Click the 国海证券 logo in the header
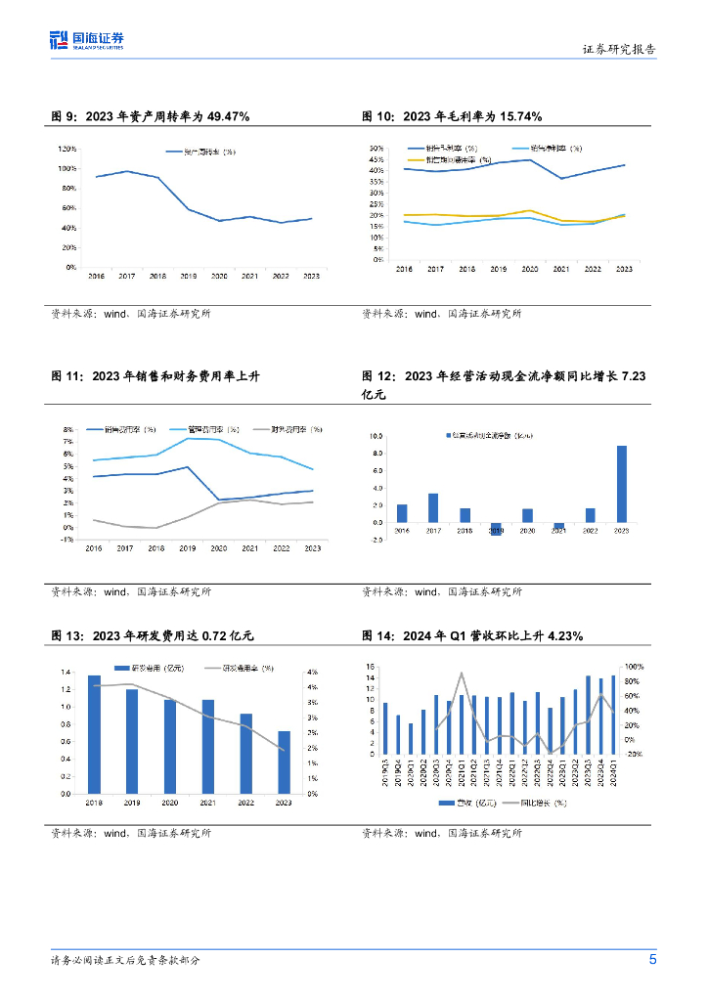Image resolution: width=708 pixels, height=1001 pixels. point(87,39)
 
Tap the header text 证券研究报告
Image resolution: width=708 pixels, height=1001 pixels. point(619,49)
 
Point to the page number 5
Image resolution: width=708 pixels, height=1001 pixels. point(653,959)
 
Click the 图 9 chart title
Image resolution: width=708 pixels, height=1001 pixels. point(151,116)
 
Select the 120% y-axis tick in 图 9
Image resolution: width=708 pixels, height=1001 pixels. point(67,149)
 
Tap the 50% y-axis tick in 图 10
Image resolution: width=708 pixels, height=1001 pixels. point(376,149)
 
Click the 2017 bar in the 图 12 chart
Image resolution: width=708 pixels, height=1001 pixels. point(433,507)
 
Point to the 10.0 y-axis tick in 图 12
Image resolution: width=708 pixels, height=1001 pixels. point(375,436)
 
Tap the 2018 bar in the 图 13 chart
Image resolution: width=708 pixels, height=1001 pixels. point(94,734)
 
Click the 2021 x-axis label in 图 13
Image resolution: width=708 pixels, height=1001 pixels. point(207,803)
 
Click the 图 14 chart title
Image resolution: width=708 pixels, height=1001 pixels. point(472,636)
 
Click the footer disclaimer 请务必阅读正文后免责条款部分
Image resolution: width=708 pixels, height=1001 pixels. point(126,961)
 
